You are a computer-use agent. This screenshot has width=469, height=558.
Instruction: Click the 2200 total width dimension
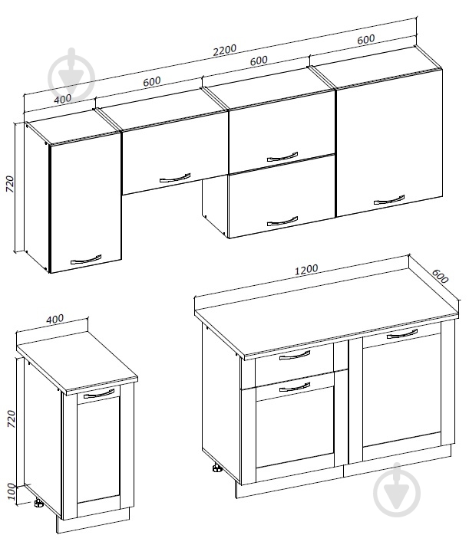tap(224, 50)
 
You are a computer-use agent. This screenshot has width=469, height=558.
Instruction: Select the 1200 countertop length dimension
tap(306, 269)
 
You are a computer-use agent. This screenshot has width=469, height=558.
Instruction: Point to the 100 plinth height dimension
tap(11, 491)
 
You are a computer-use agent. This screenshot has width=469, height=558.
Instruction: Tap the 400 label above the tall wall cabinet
tap(63, 98)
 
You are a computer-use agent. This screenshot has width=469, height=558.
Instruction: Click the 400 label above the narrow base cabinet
tap(55, 319)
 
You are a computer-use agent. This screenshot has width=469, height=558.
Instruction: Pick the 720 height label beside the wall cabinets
tap(10, 184)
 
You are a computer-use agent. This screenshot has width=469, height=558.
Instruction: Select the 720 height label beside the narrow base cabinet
tap(11, 419)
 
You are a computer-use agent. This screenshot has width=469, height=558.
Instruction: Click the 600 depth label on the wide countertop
tap(440, 275)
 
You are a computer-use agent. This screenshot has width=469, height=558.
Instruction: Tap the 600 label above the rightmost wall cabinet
tap(365, 39)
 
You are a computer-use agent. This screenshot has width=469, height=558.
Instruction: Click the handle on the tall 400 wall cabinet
tap(86, 259)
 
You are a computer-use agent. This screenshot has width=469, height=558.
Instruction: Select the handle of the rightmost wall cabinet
tap(389, 199)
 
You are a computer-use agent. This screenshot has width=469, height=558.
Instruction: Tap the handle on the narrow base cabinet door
tap(99, 394)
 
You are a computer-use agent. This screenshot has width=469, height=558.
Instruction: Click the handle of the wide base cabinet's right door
tap(402, 334)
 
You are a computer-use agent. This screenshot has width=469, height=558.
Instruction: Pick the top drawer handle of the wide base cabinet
tap(295, 355)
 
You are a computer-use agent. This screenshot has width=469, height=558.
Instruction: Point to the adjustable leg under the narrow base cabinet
tap(38, 504)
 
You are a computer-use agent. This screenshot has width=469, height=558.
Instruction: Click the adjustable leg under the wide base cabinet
tap(216, 468)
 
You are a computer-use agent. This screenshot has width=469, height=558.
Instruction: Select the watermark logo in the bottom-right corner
tap(397, 491)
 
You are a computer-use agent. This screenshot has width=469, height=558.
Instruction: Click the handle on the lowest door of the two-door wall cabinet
tap(282, 221)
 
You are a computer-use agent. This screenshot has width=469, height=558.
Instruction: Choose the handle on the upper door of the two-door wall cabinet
tap(282, 157)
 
